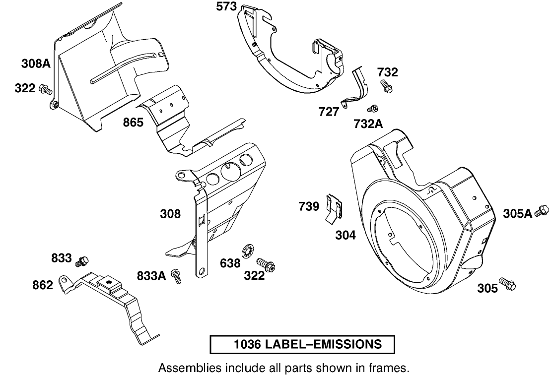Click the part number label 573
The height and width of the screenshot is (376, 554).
point(226,7)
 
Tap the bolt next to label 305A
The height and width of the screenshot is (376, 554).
point(543,212)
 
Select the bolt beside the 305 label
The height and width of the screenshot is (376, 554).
point(509,284)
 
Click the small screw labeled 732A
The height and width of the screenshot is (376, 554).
point(372,108)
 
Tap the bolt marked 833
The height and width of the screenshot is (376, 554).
point(82,260)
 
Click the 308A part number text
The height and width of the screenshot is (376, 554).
point(36,63)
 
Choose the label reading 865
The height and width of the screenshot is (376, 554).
point(134,122)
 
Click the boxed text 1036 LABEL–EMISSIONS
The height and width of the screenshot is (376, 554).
point(302,344)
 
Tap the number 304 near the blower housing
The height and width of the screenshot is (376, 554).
point(345,235)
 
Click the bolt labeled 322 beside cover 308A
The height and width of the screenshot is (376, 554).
point(46,90)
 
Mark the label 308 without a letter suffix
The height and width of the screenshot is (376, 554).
point(170,214)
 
